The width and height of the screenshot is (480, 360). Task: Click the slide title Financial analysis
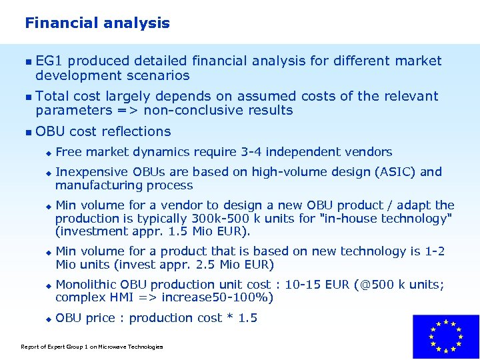tap(97, 23)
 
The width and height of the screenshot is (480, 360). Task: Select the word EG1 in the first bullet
tap(49, 61)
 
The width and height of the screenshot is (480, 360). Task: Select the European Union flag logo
tap(445, 337)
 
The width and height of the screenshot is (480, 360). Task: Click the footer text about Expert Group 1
tap(92, 347)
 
